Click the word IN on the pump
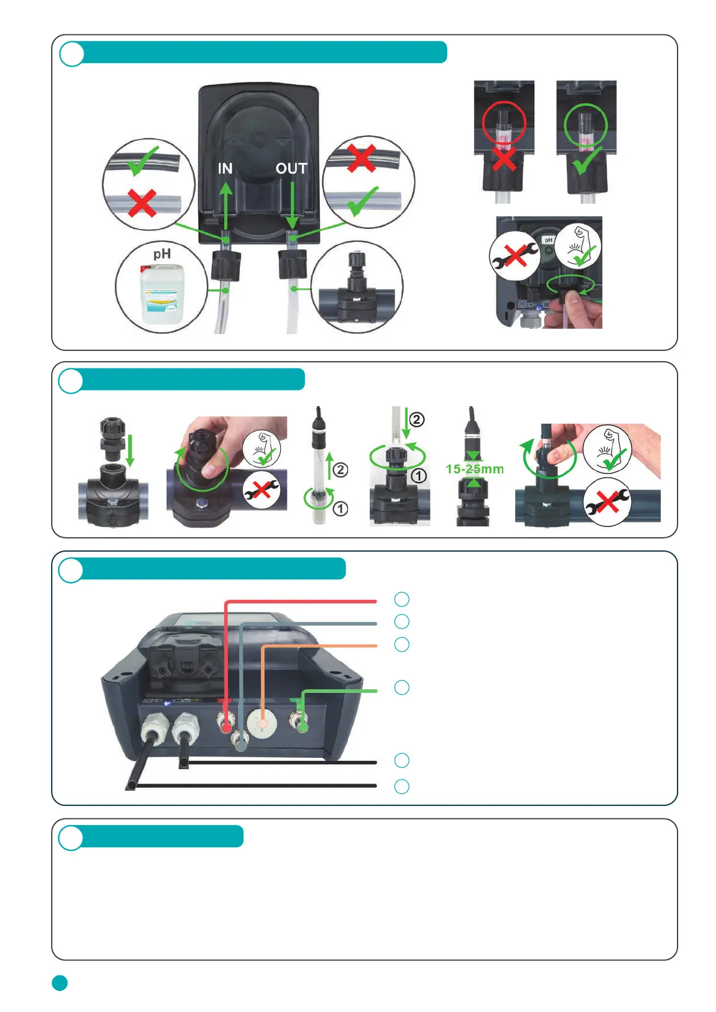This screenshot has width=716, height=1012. coord(225,168)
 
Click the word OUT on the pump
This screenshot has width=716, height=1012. coord(292,169)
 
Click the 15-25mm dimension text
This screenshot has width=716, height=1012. coord(474,469)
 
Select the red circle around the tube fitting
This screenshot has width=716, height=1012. coord(504,123)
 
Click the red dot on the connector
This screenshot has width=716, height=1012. coord(226,727)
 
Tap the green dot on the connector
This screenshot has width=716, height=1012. coord(302,727)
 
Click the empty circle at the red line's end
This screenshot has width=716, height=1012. coord(402,599)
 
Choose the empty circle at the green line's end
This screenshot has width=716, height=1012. coord(402,687)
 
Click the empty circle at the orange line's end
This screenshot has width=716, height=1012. coord(402,644)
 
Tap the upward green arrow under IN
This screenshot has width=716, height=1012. coord(225,207)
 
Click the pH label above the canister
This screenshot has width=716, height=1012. coord(162,254)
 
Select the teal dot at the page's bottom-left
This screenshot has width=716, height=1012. coord(60,983)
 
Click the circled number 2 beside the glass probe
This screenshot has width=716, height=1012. coord(340,469)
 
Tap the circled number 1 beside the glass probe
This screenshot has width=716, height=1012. coord(340,509)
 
